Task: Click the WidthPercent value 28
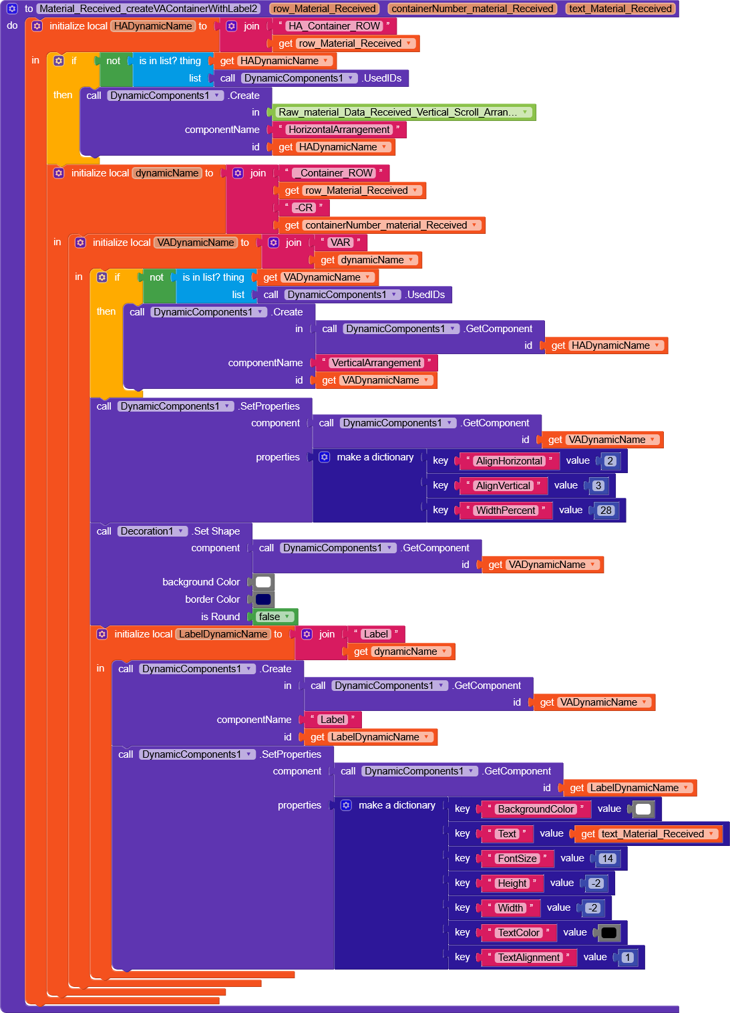coord(606,511)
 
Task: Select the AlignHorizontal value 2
coord(610,461)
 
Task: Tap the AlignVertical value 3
coord(598,486)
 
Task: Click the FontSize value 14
coord(607,859)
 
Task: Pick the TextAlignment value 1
coord(627,958)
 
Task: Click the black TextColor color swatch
coord(609,933)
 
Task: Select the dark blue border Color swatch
coord(264,599)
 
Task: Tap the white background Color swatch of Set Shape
coord(264,582)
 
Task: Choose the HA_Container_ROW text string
coord(334,26)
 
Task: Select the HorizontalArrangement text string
coord(339,130)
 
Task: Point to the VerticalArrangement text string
coord(377,363)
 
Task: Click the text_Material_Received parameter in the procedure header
coord(620,9)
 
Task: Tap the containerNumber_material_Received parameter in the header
coord(472,9)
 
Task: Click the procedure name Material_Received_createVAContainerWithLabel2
coord(148,9)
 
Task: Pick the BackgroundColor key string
coord(536,809)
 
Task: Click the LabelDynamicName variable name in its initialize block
coord(223,634)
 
